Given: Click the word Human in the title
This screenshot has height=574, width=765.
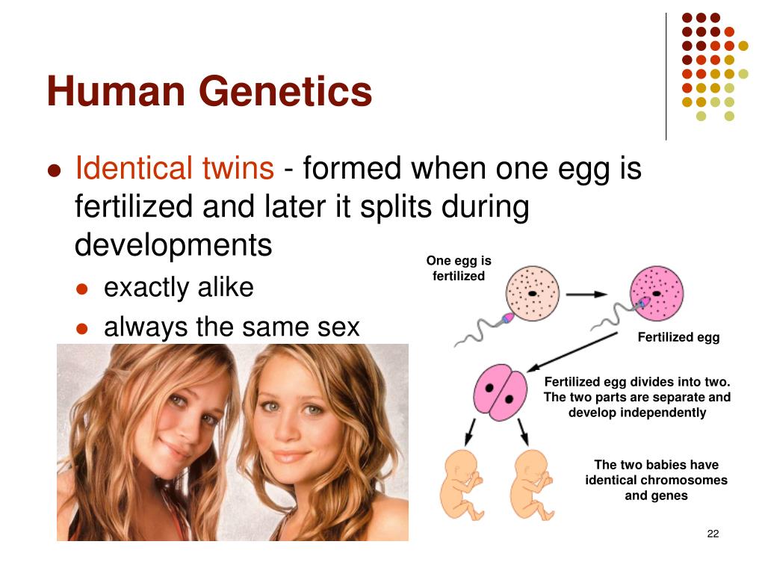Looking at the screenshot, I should point(116,92).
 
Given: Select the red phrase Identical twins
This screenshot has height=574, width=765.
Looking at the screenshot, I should point(174,169).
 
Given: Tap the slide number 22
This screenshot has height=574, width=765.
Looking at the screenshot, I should point(712,533).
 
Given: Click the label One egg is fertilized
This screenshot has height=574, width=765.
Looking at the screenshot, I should point(459,268).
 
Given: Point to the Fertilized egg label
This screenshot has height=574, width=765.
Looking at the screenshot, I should point(678,337).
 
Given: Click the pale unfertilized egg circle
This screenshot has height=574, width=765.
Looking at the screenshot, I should point(532,294).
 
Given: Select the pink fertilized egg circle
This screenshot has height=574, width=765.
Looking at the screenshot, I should point(656,294).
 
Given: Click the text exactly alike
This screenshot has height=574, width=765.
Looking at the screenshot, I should point(179,288).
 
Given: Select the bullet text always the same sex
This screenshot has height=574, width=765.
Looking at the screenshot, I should point(232,327).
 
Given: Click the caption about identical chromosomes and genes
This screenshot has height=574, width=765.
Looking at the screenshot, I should point(656,480).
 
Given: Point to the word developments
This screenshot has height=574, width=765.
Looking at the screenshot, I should point(173,245).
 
